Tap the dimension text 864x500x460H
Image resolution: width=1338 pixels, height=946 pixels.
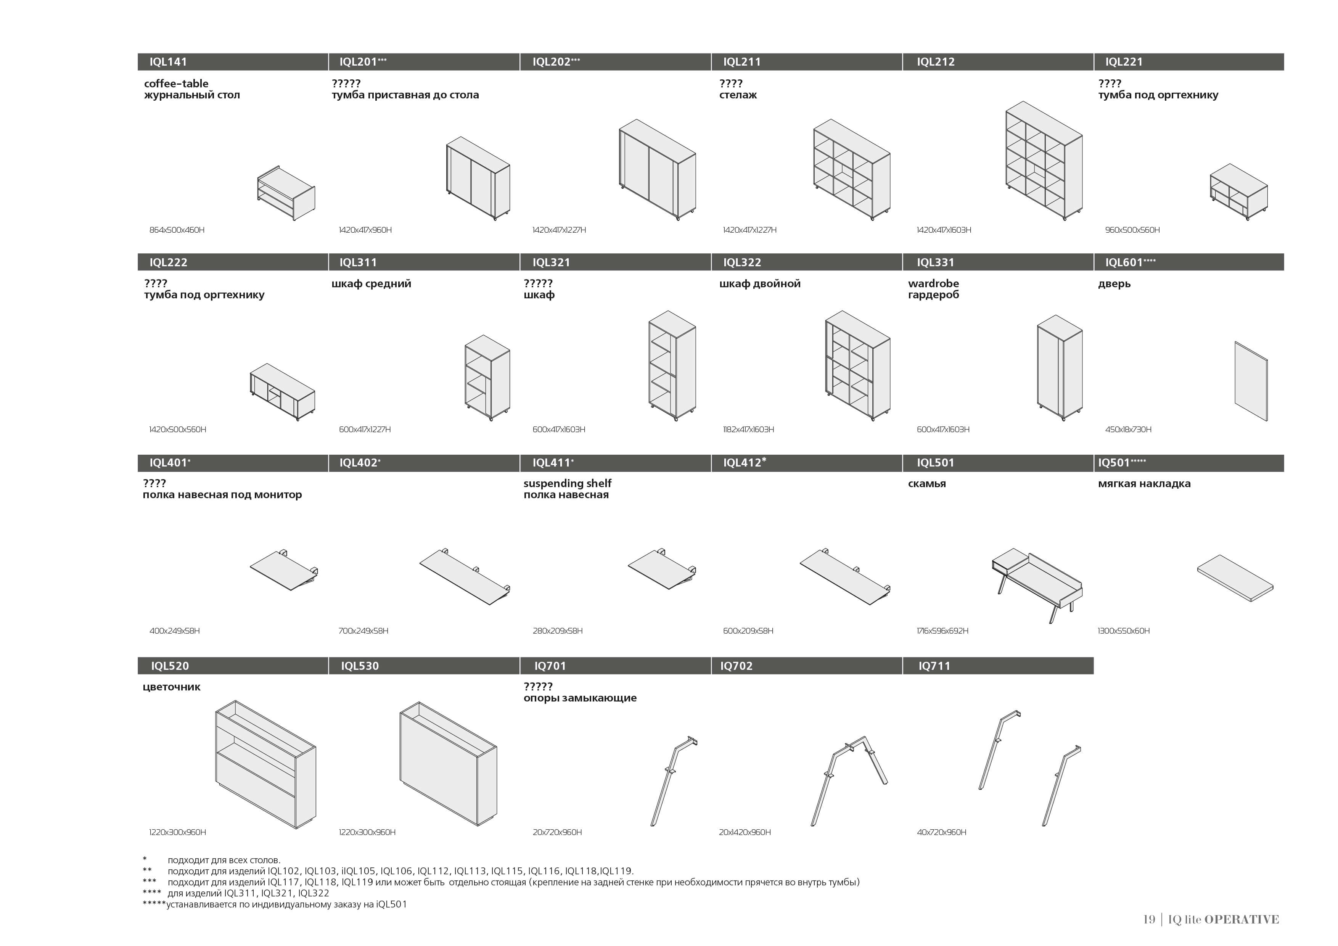[x=177, y=230]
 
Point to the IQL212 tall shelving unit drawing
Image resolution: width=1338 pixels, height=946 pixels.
[x=1044, y=160]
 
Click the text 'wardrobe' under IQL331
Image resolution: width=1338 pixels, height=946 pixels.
[x=933, y=284]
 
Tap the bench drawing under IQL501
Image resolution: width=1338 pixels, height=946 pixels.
[x=1037, y=583]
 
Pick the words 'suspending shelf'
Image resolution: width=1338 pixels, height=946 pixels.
[x=567, y=483]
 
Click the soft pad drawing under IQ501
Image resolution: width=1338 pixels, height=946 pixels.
[x=1235, y=578]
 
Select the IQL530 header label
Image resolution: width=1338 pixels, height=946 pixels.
[x=360, y=666]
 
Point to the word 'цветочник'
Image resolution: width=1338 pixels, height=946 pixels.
[x=171, y=687]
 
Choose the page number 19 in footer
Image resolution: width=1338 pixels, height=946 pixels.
[x=1148, y=919]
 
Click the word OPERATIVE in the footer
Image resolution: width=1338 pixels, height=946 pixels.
[x=1241, y=919]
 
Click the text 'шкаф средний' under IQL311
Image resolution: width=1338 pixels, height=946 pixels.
[x=371, y=284]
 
